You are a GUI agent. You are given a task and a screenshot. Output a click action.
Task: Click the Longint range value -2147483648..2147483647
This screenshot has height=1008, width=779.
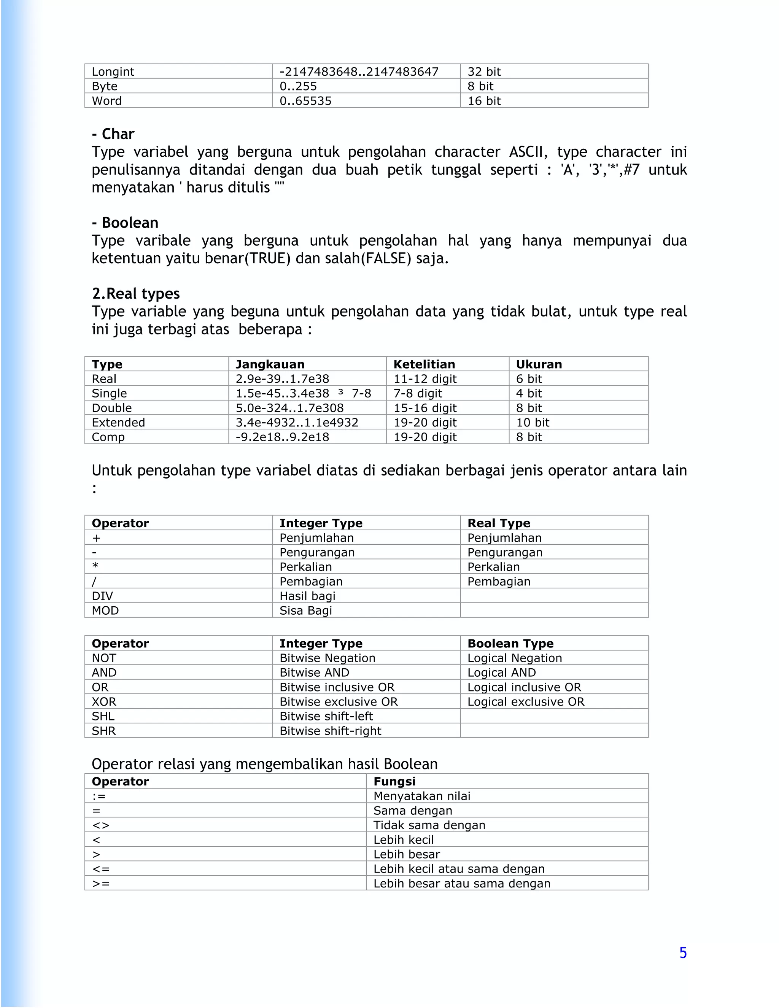click(359, 72)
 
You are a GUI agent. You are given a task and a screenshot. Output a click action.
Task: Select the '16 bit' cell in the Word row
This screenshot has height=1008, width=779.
click(484, 101)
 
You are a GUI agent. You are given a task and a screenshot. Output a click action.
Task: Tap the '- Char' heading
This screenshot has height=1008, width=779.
click(113, 134)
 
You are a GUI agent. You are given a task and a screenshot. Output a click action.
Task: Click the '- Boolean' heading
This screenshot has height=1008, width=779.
click(125, 223)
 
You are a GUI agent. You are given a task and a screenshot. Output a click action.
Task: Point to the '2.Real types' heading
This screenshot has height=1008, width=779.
click(136, 294)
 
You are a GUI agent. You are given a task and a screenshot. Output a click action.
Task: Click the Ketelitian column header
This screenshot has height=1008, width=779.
click(424, 364)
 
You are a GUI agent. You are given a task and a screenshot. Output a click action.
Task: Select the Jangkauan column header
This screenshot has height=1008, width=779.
click(270, 364)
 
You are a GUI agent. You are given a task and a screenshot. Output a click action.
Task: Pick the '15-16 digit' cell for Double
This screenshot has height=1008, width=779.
click(424, 408)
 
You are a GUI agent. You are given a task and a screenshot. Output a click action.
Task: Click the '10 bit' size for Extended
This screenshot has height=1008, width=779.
click(533, 422)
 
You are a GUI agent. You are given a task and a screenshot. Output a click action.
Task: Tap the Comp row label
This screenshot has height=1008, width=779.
click(108, 437)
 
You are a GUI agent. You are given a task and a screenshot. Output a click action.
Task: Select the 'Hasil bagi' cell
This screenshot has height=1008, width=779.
click(307, 596)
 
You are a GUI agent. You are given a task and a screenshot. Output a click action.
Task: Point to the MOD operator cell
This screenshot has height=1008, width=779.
click(105, 611)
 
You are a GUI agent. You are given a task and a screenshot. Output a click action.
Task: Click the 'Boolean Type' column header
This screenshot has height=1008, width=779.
click(510, 643)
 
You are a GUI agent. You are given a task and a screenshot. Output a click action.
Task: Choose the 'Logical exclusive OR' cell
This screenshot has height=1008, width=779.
click(526, 701)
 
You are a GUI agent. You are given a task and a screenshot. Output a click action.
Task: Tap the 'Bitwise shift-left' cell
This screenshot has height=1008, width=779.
click(326, 716)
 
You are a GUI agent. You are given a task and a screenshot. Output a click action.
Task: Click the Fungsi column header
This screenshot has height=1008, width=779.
click(394, 781)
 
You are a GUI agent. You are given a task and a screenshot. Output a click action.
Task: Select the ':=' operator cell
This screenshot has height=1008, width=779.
click(99, 796)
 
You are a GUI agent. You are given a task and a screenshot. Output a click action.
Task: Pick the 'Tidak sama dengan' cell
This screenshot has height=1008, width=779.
click(429, 825)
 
